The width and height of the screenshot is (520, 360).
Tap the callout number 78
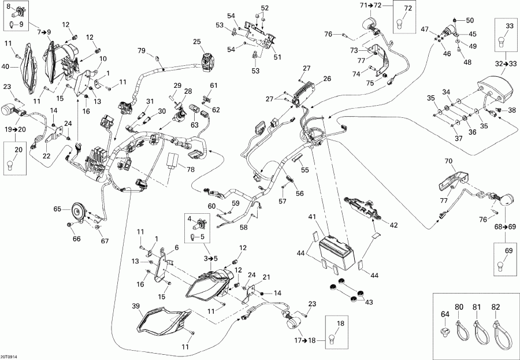pyautogui.click(x=191, y=170)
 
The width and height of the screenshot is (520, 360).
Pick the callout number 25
pyautogui.click(x=197, y=42)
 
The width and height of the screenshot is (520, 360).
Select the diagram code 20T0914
pyautogui.click(x=9, y=357)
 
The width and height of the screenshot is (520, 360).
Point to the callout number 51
pyautogui.click(x=277, y=57)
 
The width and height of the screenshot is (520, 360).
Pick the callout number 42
pyautogui.click(x=393, y=225)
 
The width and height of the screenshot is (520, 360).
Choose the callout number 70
pyautogui.click(x=448, y=162)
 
